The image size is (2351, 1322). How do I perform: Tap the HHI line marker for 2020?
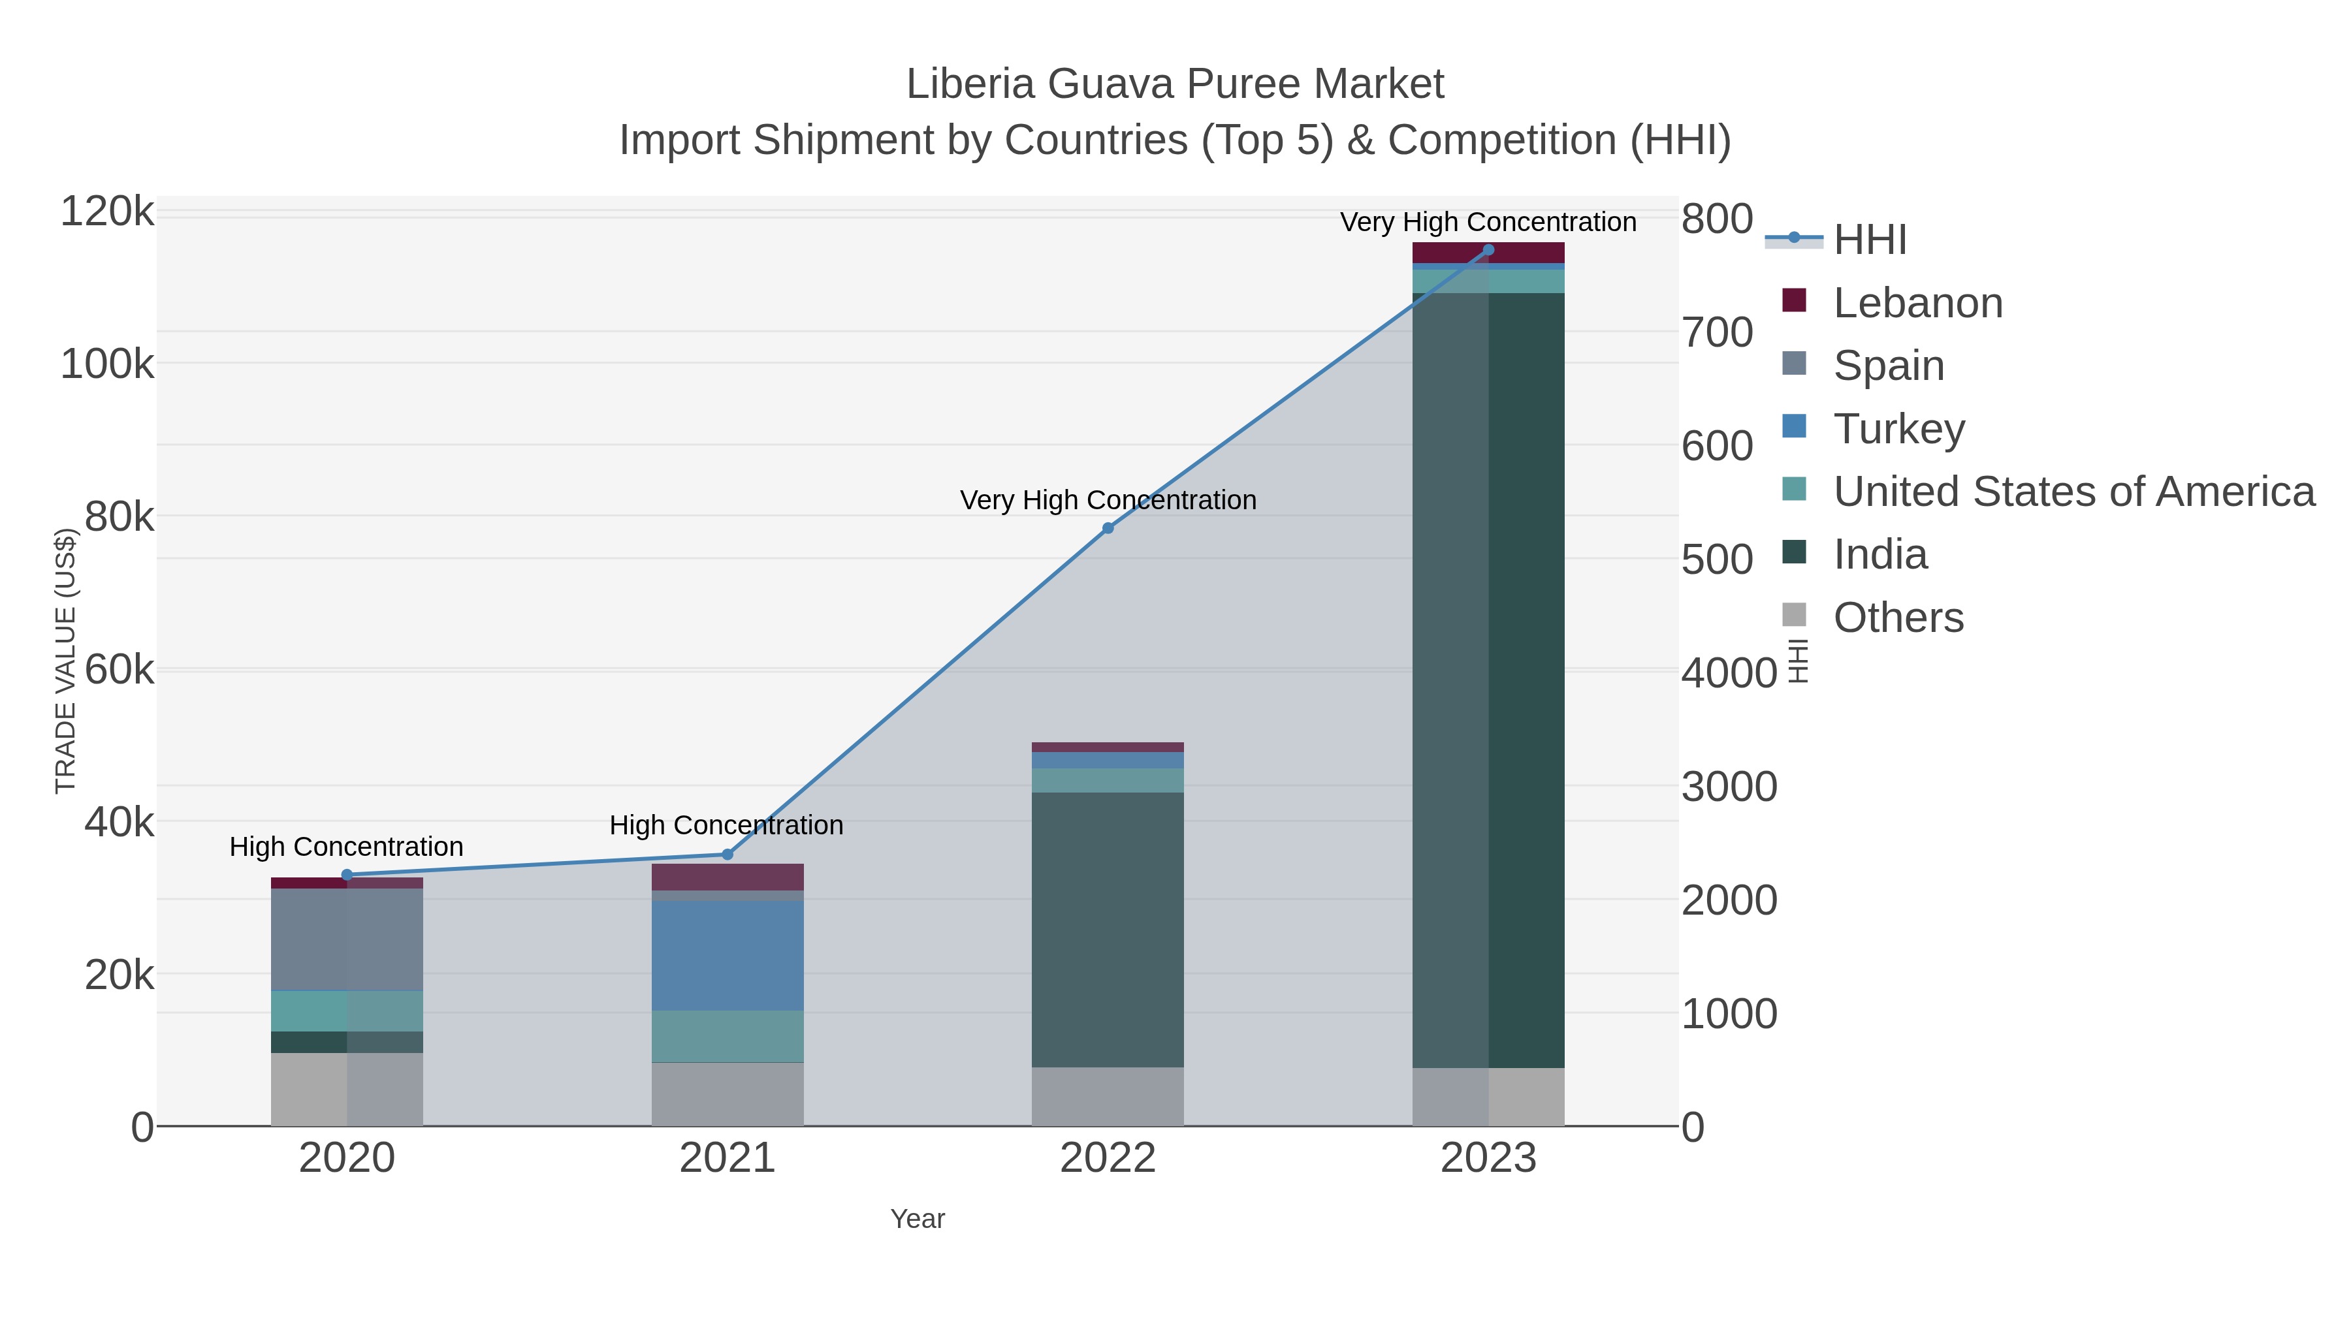(347, 875)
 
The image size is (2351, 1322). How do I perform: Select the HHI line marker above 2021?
(728, 855)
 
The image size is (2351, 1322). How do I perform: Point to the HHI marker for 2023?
(1488, 250)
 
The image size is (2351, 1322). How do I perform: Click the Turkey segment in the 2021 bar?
(728, 955)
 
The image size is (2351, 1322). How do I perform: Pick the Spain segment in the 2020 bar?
(347, 939)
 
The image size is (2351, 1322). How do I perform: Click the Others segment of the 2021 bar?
(728, 1094)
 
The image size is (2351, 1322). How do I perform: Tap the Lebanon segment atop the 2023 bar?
(1488, 253)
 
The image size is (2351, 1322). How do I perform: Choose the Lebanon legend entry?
(1917, 303)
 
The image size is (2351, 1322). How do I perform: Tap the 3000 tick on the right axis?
(1729, 787)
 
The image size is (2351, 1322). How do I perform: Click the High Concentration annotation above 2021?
(726, 826)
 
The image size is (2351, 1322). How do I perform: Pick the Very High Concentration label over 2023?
(1488, 223)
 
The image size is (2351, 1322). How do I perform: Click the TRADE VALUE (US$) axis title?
(66, 661)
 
